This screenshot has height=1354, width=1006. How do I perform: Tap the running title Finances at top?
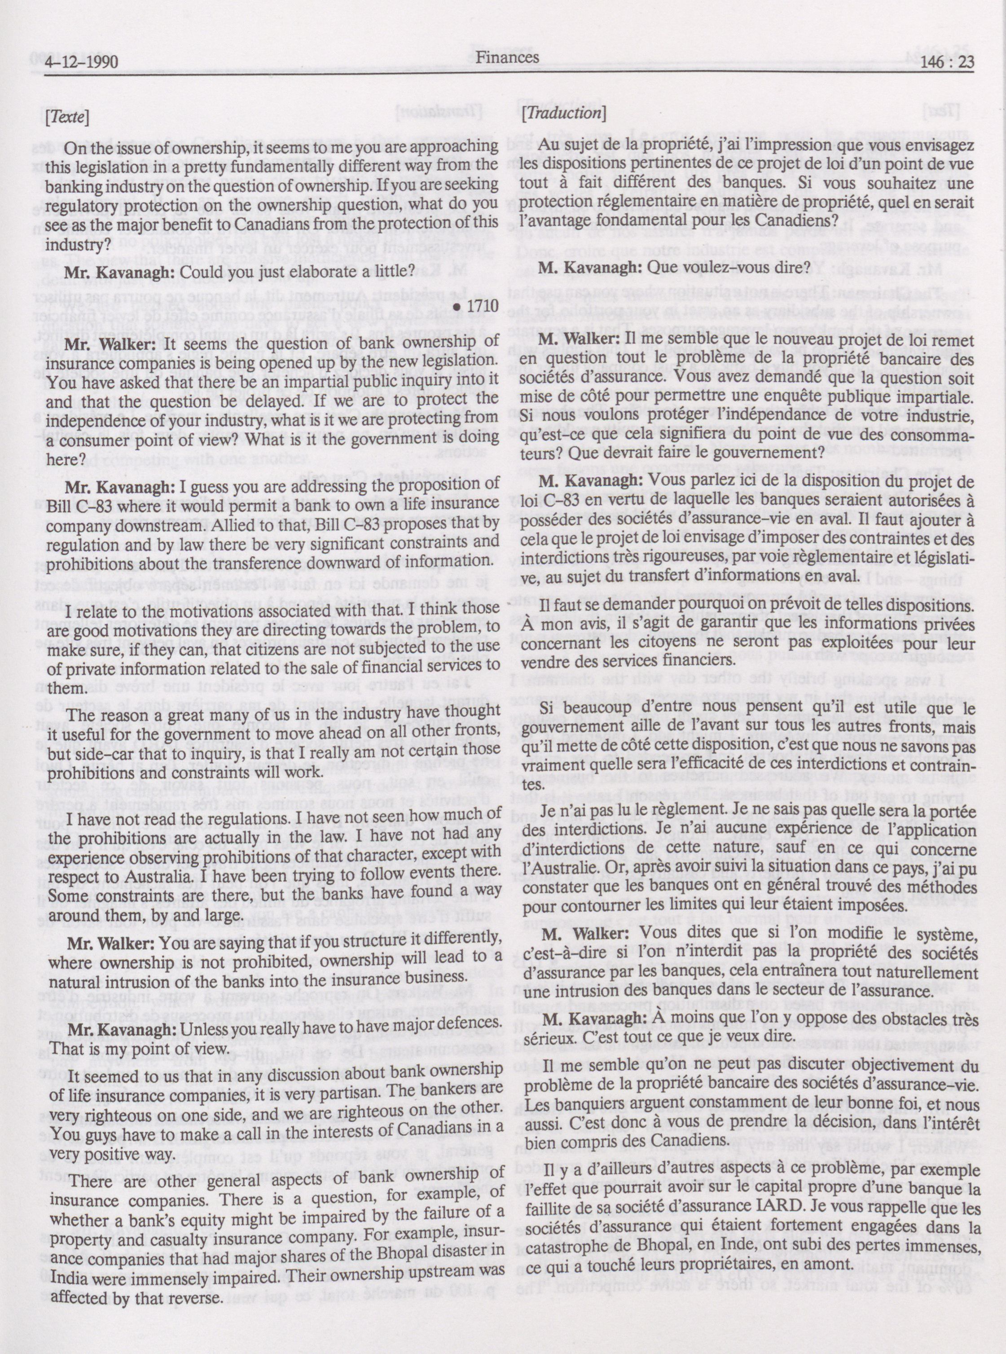507,57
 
